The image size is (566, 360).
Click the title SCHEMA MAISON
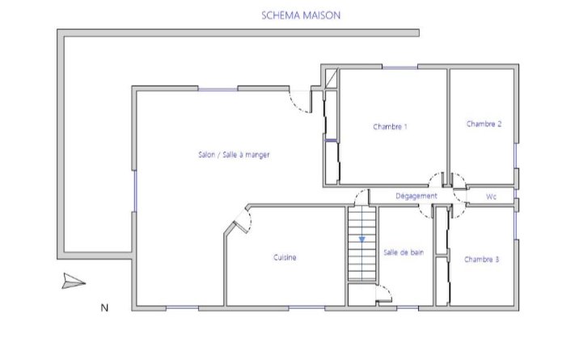pos(301,15)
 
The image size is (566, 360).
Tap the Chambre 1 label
pos(391,127)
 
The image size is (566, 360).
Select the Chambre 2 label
pos(484,124)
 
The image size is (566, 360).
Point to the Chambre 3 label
pos(482,259)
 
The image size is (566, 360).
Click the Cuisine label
pos(285,257)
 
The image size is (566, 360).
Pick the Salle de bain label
pos(403,252)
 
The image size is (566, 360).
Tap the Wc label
pos(492,197)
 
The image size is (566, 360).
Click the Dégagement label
pos(416,196)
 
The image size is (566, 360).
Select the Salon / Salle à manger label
pos(234,155)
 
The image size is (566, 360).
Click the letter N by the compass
pos(104,307)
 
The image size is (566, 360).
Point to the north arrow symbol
pos(74,282)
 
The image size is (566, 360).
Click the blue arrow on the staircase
pos(362,239)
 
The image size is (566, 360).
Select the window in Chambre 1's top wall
pos(400,67)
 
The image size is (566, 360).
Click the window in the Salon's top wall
pos(218,89)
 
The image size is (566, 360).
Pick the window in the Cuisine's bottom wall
pos(306,307)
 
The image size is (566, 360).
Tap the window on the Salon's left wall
pos(135,191)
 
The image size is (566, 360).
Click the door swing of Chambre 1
pos(436,180)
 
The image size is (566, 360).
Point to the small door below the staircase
pos(384,293)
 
